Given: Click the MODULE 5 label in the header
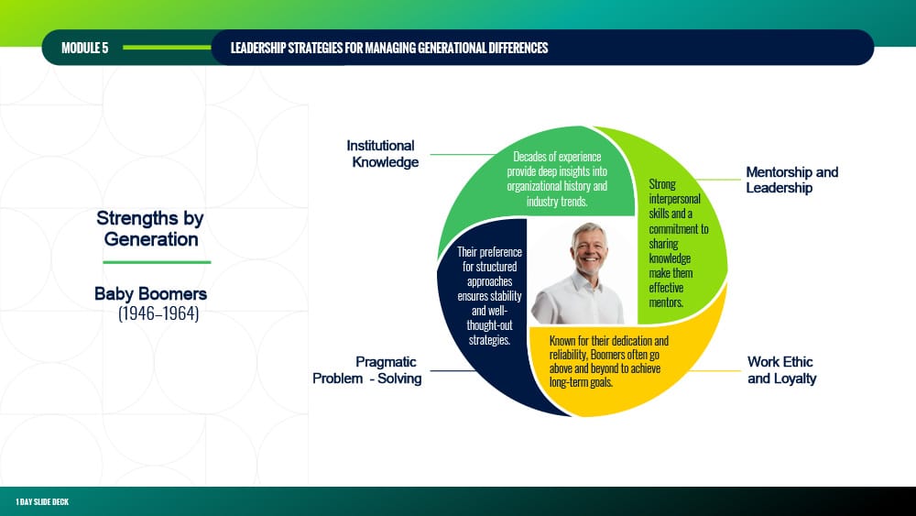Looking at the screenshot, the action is (84, 48).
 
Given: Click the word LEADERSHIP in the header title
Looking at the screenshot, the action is (257, 48).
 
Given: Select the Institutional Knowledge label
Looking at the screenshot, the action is (383, 154).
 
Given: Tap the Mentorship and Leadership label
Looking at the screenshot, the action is (791, 180).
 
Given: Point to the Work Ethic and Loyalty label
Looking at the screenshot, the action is (781, 370).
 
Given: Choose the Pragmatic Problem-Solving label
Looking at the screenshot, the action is (367, 370).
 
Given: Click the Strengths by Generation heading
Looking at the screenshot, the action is (150, 228).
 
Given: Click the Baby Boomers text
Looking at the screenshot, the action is (151, 293).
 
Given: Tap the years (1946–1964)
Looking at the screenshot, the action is (158, 313).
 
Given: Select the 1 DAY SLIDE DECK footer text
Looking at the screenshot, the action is (42, 502).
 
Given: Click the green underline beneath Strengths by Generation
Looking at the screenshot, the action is (157, 262).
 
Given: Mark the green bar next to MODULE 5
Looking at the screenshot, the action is (167, 48).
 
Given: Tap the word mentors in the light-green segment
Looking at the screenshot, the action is (665, 302).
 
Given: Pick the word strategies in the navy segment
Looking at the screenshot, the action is (489, 339).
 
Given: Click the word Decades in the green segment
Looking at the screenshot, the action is (530, 157).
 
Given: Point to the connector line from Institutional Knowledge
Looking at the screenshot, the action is (463, 154).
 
